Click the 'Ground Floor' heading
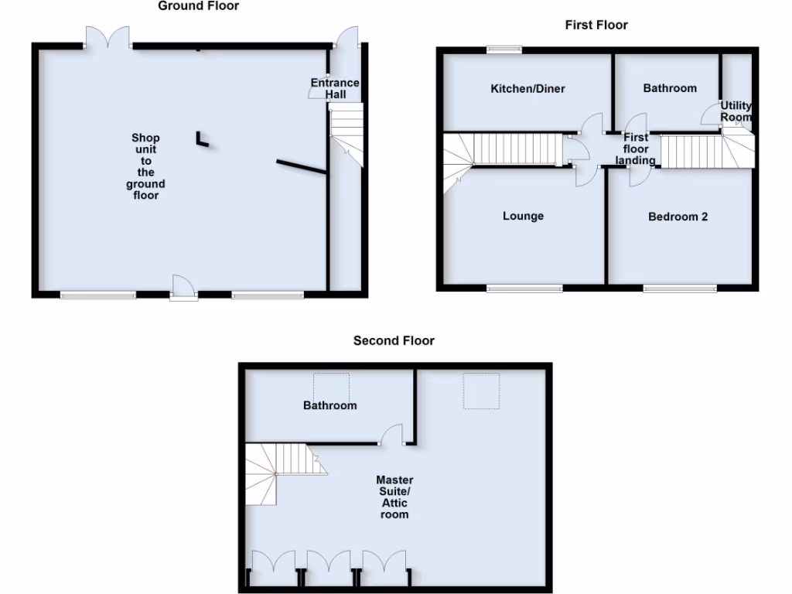point(198,6)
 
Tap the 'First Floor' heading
point(596,25)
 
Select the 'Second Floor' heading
point(394,340)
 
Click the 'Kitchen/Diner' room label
point(527,89)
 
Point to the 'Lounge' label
point(523,216)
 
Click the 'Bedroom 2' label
point(678,217)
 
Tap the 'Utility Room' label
point(736,111)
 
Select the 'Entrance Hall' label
point(335,88)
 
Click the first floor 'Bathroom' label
point(670,88)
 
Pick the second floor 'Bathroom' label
point(329,405)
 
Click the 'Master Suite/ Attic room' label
point(394,497)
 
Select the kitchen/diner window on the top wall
point(504,50)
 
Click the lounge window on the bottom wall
point(524,288)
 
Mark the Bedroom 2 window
point(679,288)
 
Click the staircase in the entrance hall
point(346,131)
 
